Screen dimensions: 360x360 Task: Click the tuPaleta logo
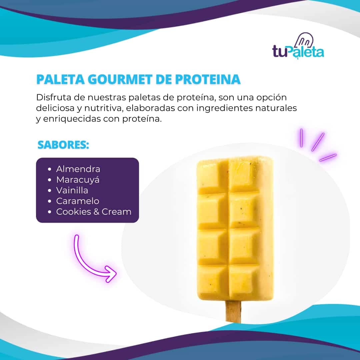[x=298, y=46]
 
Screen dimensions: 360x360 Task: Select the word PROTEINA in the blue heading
[x=208, y=79]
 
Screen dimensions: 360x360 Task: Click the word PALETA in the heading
[x=61, y=79]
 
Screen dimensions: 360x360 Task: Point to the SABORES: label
[x=63, y=145]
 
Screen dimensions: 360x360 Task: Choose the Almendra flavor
[x=78, y=169]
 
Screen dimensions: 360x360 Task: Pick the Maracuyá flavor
[x=78, y=180]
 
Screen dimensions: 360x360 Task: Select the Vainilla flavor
[x=72, y=191]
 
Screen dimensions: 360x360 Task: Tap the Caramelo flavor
[x=78, y=201]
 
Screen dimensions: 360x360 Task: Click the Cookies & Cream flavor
[x=94, y=212]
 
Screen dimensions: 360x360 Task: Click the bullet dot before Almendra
[x=50, y=169]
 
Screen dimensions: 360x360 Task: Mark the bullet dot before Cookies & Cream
[x=50, y=212]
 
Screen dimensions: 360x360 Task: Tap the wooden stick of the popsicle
[x=233, y=311]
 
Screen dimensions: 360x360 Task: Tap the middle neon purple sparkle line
[x=318, y=142]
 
